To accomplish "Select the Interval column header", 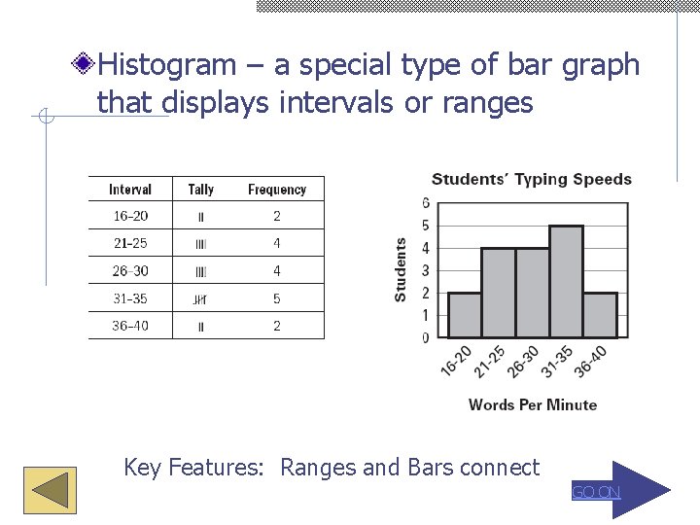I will pos(130,190).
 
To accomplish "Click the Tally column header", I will pos(201,190).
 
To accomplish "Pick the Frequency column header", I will pos(277,190).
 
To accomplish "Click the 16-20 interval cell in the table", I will pos(130,216).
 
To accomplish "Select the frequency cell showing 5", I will pos(277,298).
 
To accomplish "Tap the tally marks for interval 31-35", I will pos(201,299).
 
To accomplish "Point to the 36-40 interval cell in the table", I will pos(130,326).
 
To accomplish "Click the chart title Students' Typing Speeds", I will pos(532,179).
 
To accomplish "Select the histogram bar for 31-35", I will pos(566,282).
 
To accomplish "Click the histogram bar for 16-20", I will pos(465,315).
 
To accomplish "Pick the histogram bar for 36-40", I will pos(600,315).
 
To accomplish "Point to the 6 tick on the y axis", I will pos(426,202).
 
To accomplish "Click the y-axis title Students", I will pos(401,270).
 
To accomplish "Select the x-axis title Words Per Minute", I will pos(533,404).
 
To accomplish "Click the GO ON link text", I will pos(595,493).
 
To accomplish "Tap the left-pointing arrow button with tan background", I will pos(50,489).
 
